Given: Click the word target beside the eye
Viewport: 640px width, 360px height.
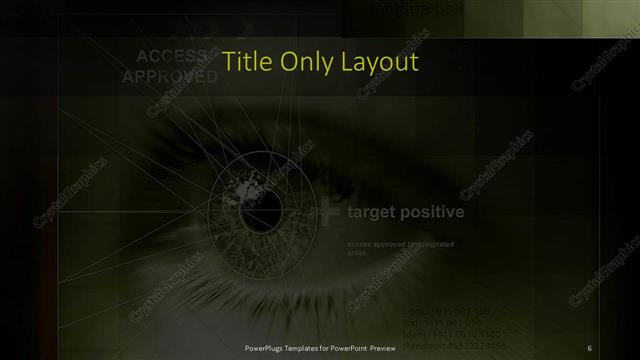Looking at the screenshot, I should click(x=372, y=212).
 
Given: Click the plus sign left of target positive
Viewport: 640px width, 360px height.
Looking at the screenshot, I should click(x=325, y=212).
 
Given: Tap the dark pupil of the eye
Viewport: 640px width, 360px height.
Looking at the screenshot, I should click(x=267, y=208).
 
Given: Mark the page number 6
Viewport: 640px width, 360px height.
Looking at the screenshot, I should click(x=589, y=347).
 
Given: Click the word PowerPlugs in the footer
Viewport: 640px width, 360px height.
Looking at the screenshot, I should click(x=267, y=347).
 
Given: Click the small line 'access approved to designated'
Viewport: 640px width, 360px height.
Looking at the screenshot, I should click(x=400, y=245).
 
